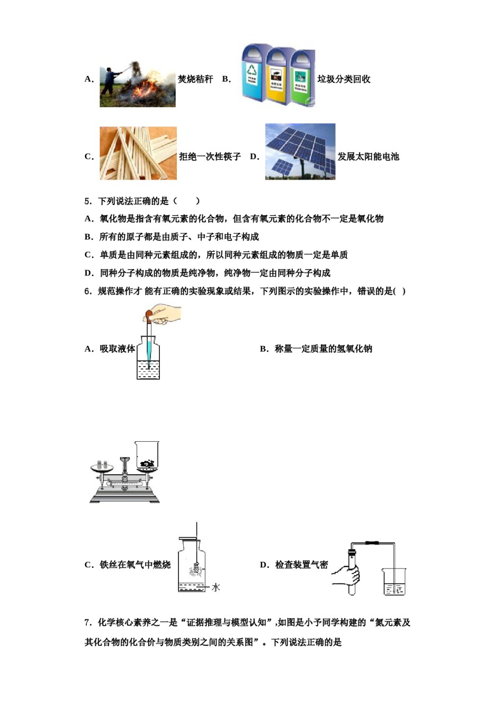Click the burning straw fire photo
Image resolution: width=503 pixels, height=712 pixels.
(138, 85)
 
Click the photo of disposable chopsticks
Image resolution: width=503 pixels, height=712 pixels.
(138, 153)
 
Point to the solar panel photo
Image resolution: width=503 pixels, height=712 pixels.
(300, 152)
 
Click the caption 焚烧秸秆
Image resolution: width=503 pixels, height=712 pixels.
(195, 79)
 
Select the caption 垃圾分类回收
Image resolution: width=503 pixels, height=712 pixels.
(344, 79)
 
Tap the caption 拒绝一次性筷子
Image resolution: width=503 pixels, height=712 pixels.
(210, 157)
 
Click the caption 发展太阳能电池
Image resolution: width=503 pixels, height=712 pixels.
(368, 157)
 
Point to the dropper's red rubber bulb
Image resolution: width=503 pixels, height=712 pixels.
(148, 316)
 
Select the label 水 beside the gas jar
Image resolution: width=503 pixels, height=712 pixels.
(215, 587)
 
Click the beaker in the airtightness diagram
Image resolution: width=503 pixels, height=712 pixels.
(394, 582)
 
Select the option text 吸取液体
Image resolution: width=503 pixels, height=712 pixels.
(117, 349)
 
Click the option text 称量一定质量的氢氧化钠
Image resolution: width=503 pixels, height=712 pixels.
(323, 349)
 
